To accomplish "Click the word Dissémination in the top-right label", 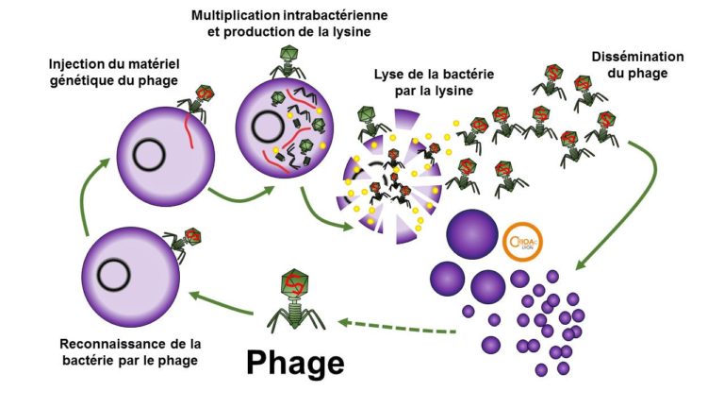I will pos(638,57).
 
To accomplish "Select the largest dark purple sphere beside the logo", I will pos(470,233).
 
